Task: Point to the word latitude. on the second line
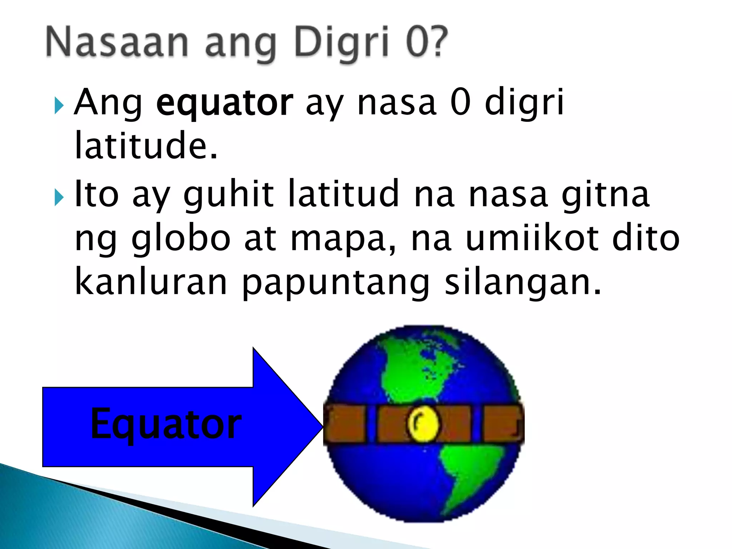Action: tap(146, 146)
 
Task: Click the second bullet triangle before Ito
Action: tap(59, 198)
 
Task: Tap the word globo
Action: tap(181, 239)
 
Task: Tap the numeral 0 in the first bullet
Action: tap(460, 103)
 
